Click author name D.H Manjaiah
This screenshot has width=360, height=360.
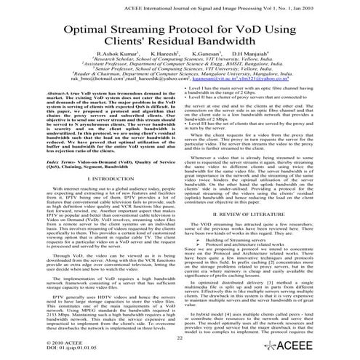coord(252,55)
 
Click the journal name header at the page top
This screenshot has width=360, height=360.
coord(180,5)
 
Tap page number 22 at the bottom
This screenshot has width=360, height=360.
coord(179,338)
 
